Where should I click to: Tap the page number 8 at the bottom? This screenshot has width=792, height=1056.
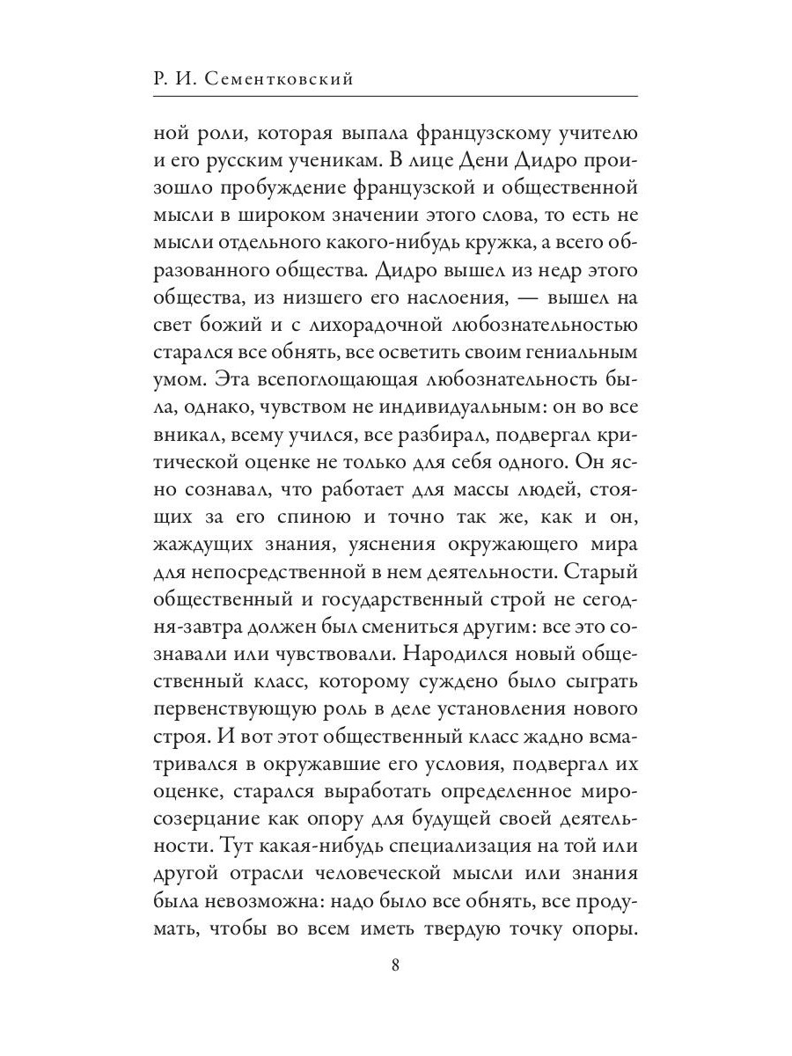click(x=395, y=964)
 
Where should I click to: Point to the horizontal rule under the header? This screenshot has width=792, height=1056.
click(x=395, y=95)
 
